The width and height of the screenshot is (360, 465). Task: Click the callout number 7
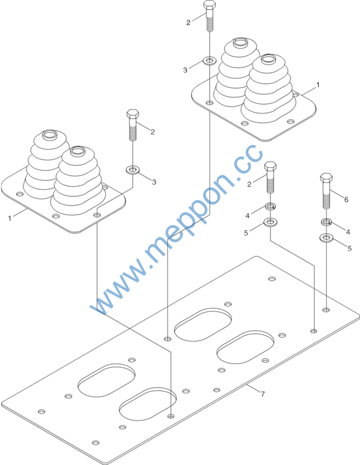262,394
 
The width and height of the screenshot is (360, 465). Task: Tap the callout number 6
346,199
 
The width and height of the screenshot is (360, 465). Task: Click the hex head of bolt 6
326,178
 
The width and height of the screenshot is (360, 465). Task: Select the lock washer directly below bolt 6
326,221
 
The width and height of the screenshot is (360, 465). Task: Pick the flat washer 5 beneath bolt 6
326,238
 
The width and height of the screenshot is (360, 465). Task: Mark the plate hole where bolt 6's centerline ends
326,310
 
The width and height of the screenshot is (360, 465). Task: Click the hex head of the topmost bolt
210,5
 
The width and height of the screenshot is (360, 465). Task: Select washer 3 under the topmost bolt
210,61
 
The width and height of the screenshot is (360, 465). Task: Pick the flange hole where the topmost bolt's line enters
210,103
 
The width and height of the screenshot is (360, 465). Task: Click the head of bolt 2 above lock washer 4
271,167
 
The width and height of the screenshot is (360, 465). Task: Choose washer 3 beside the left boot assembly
133,170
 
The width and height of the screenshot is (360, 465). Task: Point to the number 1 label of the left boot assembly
10,219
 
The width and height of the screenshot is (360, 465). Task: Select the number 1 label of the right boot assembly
318,85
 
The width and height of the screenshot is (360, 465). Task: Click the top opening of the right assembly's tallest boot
240,42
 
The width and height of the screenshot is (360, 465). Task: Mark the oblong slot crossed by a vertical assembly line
148,404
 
